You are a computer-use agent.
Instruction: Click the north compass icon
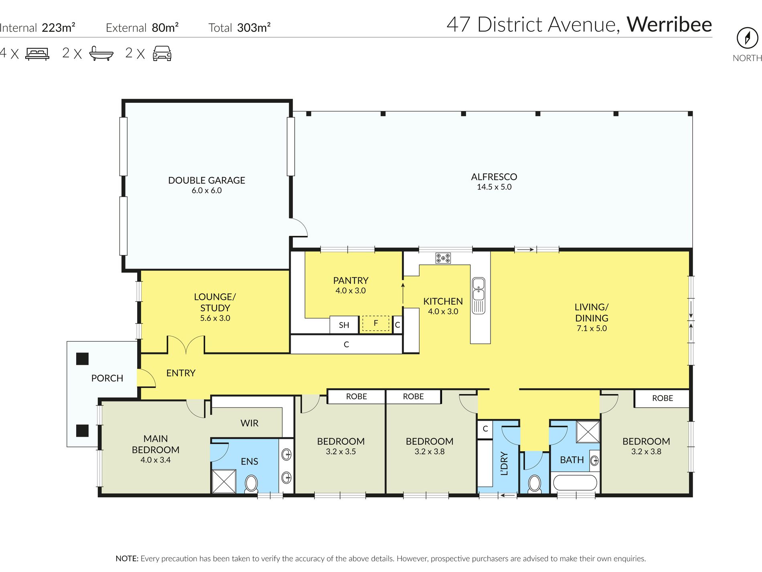click(747, 38)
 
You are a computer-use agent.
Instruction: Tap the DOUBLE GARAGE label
click(207, 181)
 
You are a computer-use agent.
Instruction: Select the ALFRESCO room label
click(494, 177)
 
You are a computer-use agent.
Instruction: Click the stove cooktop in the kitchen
click(443, 258)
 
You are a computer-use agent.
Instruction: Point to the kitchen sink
click(478, 296)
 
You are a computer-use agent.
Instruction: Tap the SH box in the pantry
click(344, 325)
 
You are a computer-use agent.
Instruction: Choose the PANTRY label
click(351, 281)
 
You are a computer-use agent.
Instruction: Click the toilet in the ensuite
click(251, 484)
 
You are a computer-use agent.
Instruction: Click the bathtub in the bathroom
click(574, 483)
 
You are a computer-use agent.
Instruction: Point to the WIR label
click(249, 423)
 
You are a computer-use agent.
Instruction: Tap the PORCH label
click(107, 378)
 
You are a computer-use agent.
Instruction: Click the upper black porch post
click(82, 359)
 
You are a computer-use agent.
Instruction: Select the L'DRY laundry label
click(505, 464)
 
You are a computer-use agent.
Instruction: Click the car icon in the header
click(162, 53)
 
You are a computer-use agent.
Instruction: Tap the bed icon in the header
click(37, 54)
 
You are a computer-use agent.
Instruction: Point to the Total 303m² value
click(239, 28)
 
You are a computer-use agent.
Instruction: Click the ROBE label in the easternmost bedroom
click(663, 398)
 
